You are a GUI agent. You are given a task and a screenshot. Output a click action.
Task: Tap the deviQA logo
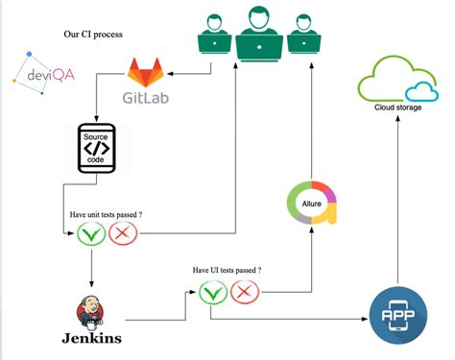(x=35, y=73)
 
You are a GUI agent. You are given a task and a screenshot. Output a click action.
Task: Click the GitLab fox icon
(x=148, y=73)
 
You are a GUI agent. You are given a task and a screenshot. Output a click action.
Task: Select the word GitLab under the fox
(x=148, y=97)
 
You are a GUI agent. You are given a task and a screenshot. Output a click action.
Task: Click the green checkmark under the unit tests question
(x=91, y=233)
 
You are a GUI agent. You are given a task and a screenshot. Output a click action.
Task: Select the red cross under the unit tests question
(x=123, y=233)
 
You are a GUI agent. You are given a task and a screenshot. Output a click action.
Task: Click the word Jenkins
(x=91, y=339)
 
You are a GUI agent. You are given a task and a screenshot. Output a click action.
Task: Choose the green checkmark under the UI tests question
(x=212, y=292)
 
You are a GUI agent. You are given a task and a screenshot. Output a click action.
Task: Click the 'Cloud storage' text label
(x=398, y=107)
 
